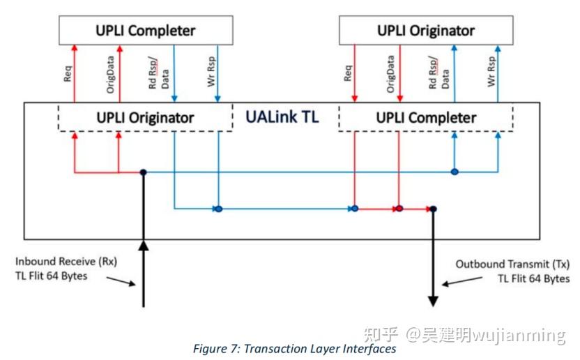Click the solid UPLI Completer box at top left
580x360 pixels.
[x=145, y=30]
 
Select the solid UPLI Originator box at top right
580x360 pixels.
[x=425, y=30]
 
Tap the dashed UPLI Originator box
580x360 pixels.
[x=145, y=117]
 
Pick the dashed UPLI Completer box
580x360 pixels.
[x=425, y=117]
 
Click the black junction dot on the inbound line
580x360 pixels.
[x=143, y=172]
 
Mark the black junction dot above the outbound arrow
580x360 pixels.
[x=433, y=209]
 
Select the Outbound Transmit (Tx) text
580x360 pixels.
[x=512, y=264]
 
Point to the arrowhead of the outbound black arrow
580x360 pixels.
[x=433, y=301]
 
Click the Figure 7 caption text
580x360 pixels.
[x=294, y=348]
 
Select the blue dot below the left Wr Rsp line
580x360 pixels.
[x=218, y=209]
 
